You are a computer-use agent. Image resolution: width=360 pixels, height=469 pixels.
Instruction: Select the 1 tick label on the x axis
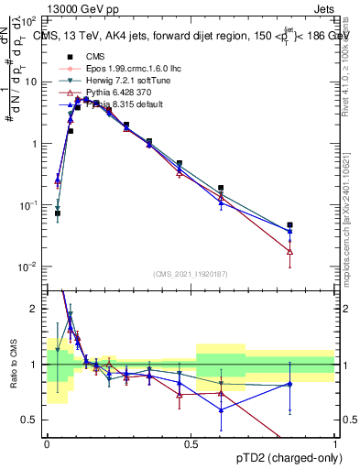pyautogui.click(x=334, y=443)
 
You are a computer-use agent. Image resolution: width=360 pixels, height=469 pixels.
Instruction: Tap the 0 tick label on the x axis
pyautogui.click(x=47, y=443)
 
